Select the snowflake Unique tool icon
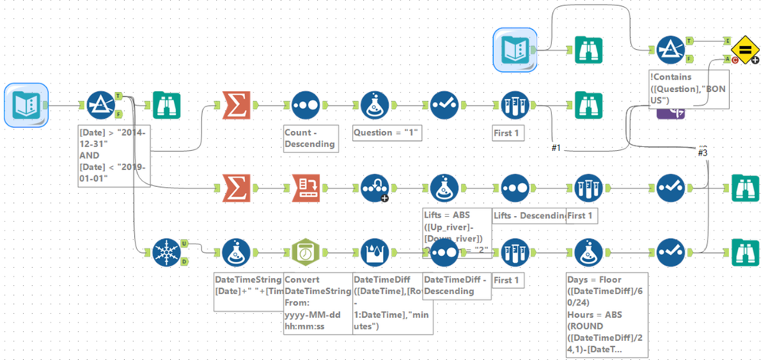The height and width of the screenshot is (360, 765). coord(164,251)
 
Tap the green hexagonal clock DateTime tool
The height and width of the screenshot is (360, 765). coord(305,251)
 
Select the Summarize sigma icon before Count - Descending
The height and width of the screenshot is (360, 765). coord(235,106)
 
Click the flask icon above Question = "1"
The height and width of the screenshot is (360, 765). coord(375,106)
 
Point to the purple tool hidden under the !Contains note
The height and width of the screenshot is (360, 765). coord(671,113)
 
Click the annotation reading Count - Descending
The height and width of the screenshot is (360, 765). coord(309,138)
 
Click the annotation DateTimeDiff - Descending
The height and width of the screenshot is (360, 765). coord(456,286)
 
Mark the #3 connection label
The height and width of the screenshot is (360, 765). coord(701,152)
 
